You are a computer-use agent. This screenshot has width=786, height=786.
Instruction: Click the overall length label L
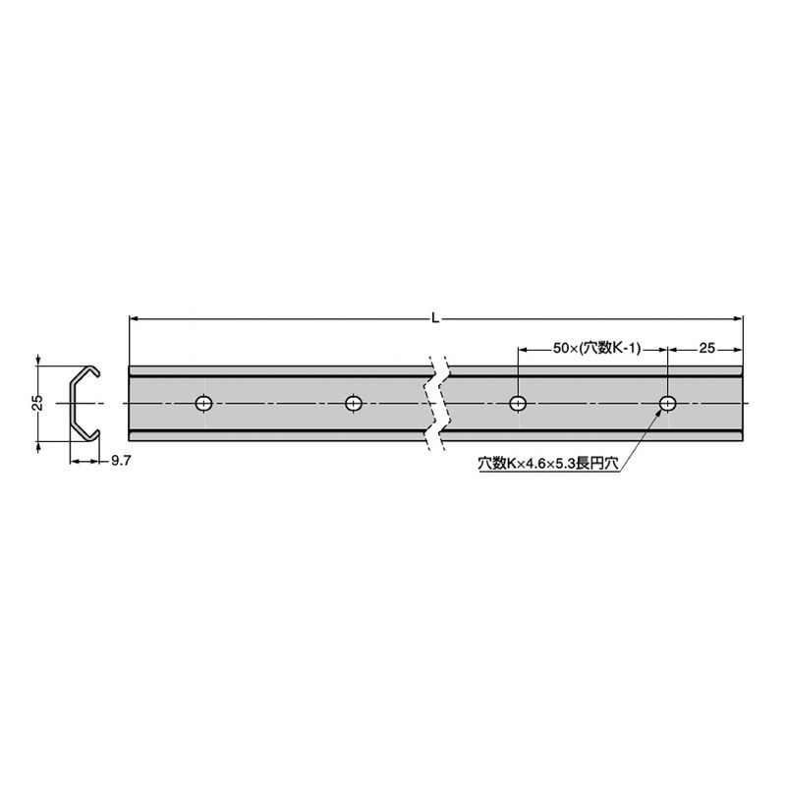tap(435, 318)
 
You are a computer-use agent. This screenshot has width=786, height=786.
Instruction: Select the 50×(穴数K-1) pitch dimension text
tap(597, 349)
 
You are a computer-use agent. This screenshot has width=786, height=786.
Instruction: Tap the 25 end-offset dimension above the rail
tap(706, 349)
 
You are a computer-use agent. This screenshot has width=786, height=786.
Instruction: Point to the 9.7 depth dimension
tap(121, 461)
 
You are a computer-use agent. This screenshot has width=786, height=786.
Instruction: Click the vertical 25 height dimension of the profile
tap(37, 403)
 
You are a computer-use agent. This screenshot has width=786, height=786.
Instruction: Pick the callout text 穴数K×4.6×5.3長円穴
tap(548, 464)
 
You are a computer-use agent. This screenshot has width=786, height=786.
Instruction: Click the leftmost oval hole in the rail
tap(203, 403)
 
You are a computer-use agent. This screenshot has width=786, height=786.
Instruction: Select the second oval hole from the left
tap(354, 403)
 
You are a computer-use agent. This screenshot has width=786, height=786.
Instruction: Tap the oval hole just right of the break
tap(518, 403)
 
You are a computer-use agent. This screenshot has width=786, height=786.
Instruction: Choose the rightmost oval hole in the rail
tap(668, 403)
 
